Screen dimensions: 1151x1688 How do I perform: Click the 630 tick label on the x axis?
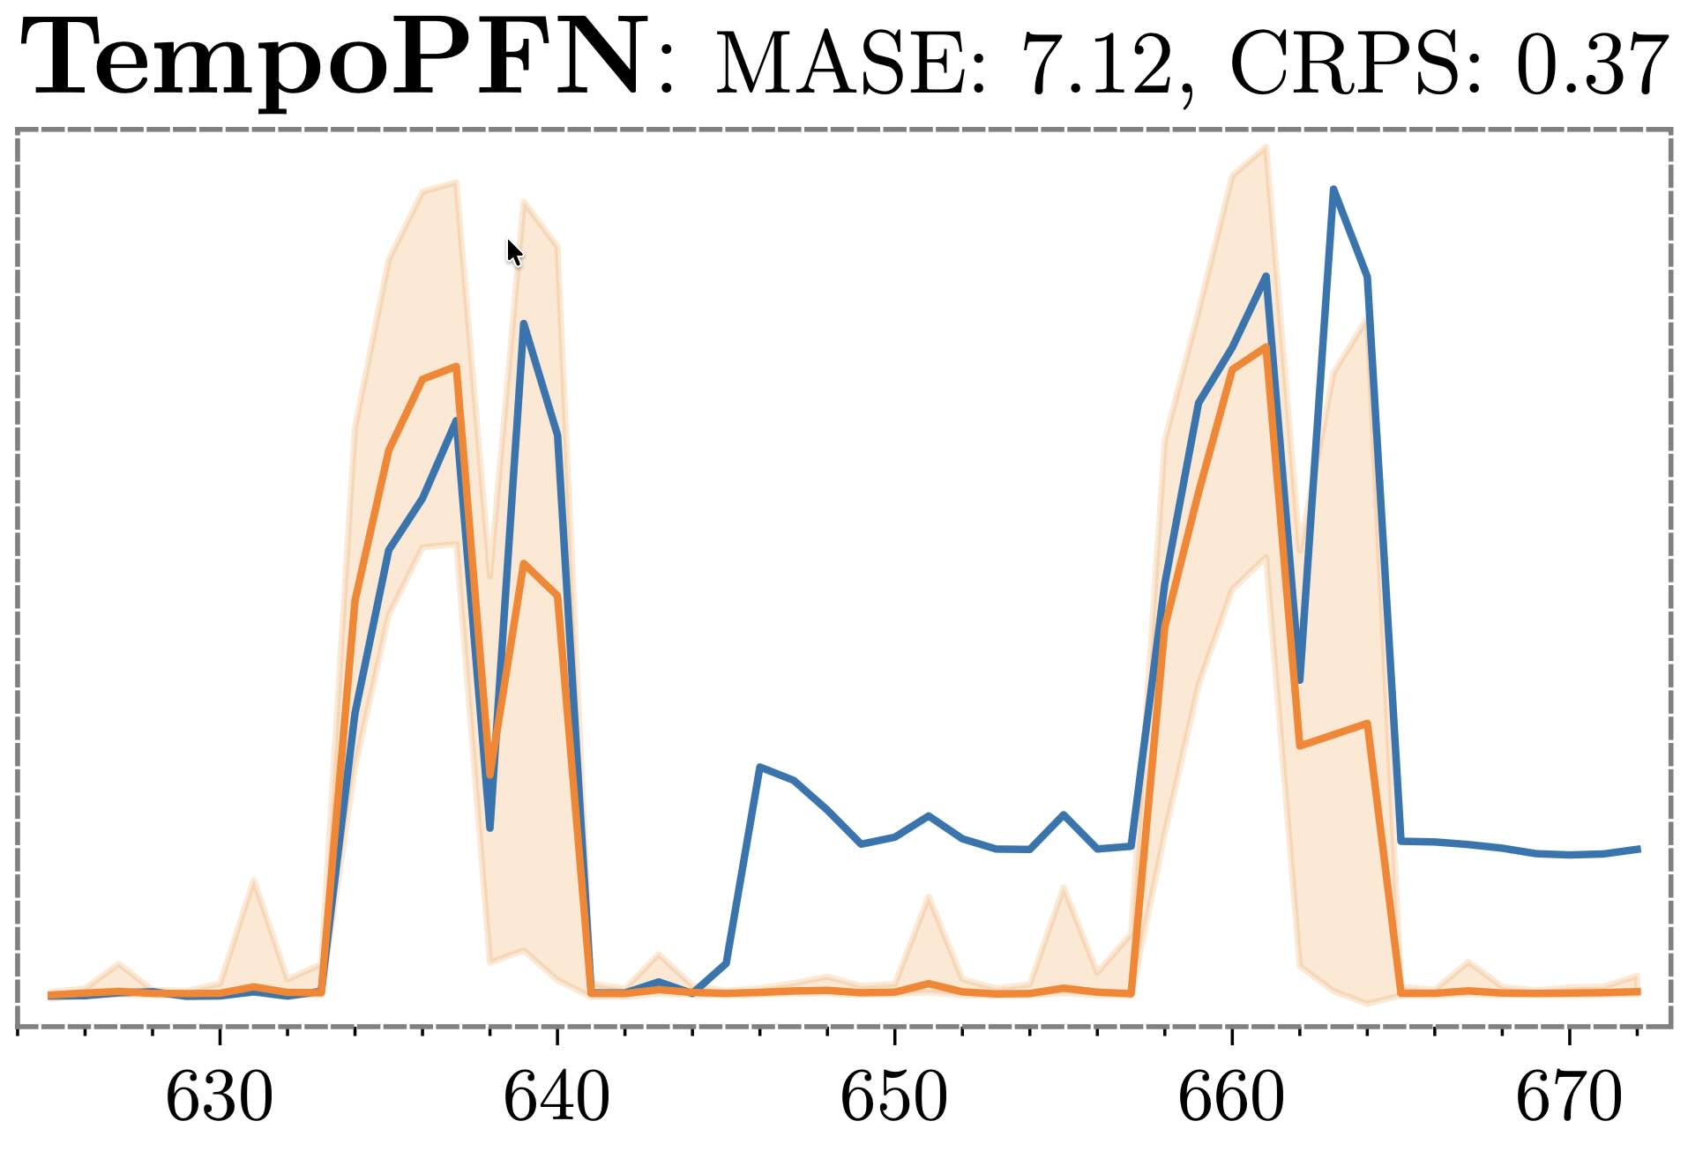coord(220,1098)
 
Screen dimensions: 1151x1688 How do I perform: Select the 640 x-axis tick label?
coord(556,1098)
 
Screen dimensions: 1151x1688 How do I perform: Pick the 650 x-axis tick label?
coord(894,1098)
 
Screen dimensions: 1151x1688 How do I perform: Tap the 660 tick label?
coord(1231,1098)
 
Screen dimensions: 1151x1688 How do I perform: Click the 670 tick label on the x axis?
coord(1569,1098)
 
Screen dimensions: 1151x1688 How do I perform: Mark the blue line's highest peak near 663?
coord(1333,189)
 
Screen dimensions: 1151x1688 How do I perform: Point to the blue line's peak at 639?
coord(524,323)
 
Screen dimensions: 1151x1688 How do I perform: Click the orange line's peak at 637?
coord(456,366)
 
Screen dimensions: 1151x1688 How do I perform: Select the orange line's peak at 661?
coord(1266,347)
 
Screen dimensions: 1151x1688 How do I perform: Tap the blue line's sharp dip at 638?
coord(490,828)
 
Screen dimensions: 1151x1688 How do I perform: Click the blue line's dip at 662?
coord(1300,679)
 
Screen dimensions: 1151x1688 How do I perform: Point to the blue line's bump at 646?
coord(759,767)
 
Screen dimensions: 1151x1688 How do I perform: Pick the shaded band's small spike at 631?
coord(254,880)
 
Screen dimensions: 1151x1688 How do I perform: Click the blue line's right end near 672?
coord(1638,849)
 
